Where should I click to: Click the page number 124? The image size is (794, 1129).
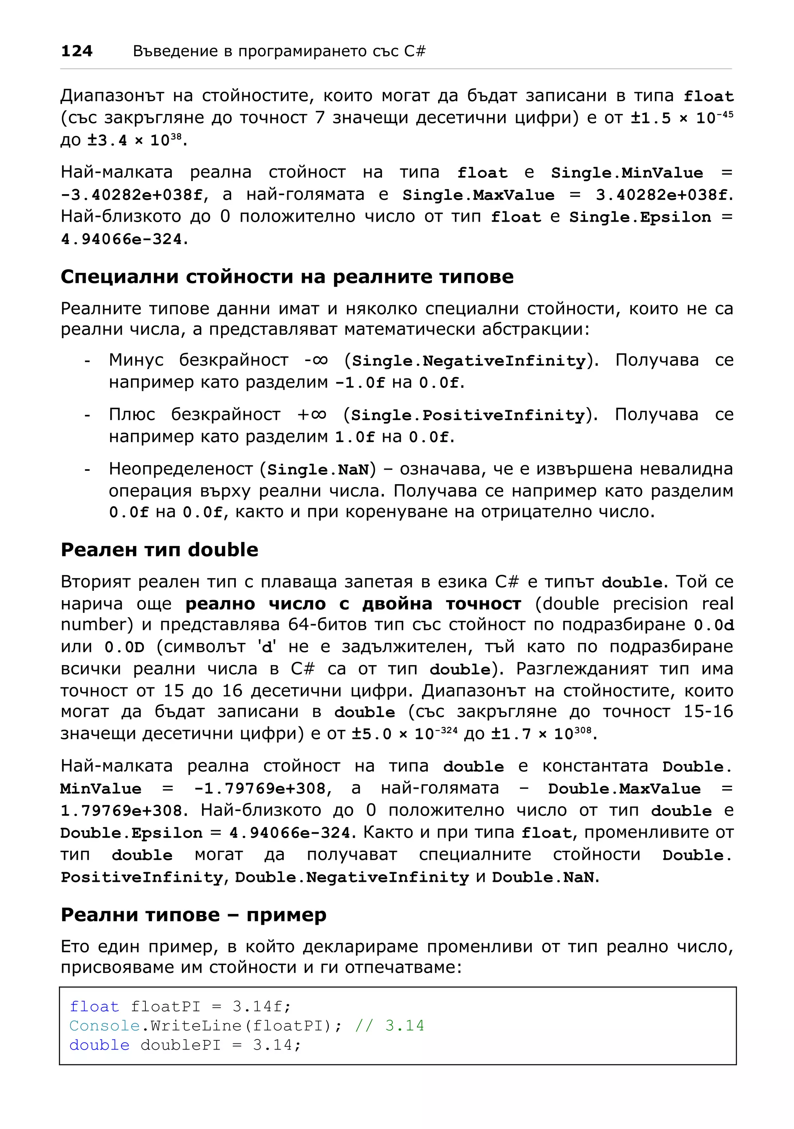(77, 51)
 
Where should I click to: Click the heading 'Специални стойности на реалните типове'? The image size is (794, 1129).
(287, 277)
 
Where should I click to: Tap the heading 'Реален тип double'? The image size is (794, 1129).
(159, 550)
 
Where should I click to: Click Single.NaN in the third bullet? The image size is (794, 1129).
(318, 470)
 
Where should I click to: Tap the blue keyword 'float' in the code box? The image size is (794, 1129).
(95, 1007)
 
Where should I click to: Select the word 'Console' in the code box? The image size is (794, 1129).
(105, 1026)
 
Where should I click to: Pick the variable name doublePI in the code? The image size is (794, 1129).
(181, 1045)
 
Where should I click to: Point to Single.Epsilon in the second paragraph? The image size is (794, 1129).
(640, 217)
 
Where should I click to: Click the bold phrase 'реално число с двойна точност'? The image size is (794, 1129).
(353, 604)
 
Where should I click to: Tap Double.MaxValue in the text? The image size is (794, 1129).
(624, 789)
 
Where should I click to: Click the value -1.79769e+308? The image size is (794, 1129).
(259, 789)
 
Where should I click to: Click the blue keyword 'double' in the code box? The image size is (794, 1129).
(99, 1045)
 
